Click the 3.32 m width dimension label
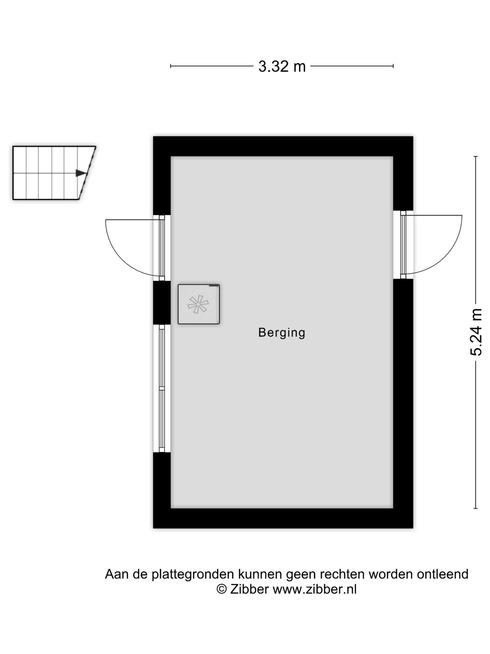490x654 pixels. [282, 66]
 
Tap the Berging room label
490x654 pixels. [281, 333]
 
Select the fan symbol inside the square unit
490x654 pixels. [198, 304]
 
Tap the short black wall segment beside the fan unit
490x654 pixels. [161, 302]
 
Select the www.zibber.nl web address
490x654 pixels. [315, 589]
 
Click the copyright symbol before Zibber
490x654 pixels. [221, 589]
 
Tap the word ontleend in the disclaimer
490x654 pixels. [442, 574]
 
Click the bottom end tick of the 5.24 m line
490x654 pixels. [476, 508]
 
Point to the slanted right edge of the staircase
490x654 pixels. [87, 173]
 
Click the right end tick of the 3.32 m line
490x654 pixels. [393, 66]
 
